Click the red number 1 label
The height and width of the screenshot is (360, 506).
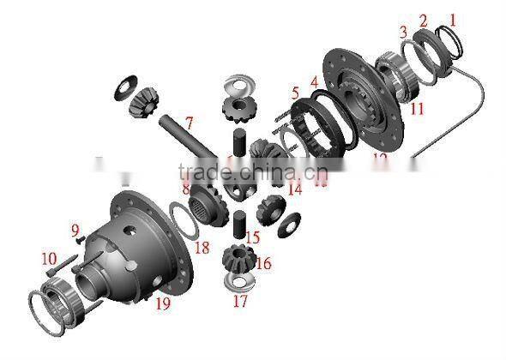coord(453,17)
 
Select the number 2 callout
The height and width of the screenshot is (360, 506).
coord(423,20)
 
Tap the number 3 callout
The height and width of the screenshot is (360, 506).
coord(402,32)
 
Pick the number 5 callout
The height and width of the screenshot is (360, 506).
coord(294,93)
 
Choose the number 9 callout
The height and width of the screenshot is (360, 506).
coord(75,230)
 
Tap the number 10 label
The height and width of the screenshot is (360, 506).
coord(48,258)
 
